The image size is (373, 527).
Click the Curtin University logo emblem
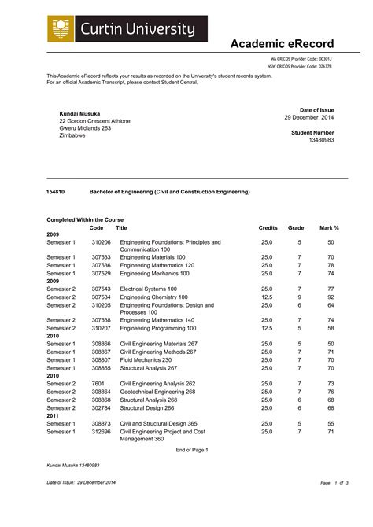[62, 30]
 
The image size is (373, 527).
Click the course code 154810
[57, 191]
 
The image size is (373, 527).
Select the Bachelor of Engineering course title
[169, 191]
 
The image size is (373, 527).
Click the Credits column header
[268, 227]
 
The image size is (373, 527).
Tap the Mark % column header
[329, 227]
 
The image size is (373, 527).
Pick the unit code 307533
[101, 257]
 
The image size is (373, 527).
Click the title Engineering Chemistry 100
[153, 297]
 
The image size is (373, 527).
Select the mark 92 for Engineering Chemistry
[331, 297]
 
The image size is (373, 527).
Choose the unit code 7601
[98, 383]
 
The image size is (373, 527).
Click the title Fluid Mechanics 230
[146, 359]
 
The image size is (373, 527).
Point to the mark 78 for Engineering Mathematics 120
[331, 265]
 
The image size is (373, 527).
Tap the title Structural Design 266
[147, 407]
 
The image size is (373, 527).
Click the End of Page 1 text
[192, 449]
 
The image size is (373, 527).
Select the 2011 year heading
[53, 415]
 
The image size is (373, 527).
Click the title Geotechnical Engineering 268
[157, 391]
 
